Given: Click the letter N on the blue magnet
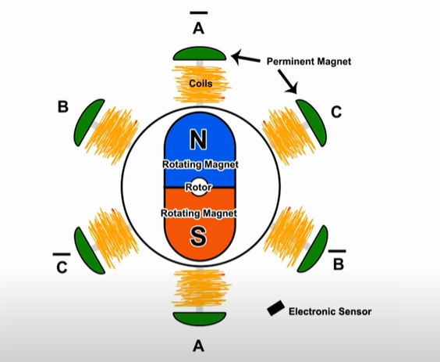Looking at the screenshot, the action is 199,139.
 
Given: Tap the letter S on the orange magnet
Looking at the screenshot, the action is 198,237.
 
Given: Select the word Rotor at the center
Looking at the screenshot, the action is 198,188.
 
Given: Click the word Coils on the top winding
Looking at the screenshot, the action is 200,83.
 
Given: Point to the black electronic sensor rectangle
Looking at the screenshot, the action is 276,308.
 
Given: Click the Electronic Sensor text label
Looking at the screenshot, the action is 330,311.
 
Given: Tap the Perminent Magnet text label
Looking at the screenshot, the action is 309,61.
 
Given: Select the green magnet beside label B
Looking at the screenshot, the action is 89,123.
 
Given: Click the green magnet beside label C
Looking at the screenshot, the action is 311,123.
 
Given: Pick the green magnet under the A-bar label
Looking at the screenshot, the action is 200,54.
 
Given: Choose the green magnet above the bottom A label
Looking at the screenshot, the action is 200,319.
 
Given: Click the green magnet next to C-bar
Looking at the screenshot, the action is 90,250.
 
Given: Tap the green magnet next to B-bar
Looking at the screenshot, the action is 312,249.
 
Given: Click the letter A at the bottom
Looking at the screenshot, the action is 198,346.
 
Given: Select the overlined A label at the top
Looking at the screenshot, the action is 199,23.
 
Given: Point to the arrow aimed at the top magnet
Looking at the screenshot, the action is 246,57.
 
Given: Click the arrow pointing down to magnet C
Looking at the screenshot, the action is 287,81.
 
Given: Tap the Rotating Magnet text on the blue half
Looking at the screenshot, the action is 200,164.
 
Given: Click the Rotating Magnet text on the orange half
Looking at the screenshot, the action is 199,213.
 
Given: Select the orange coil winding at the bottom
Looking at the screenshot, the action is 200,288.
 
